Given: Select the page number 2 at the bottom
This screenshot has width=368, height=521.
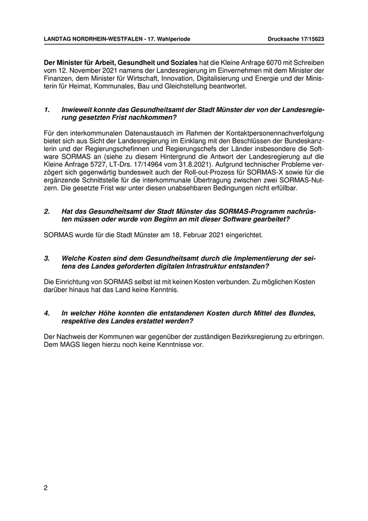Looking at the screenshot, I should coord(46,488).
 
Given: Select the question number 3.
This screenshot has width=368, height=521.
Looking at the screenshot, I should coord(46,258).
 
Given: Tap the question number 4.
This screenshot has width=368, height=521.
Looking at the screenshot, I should coord(46,313).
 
